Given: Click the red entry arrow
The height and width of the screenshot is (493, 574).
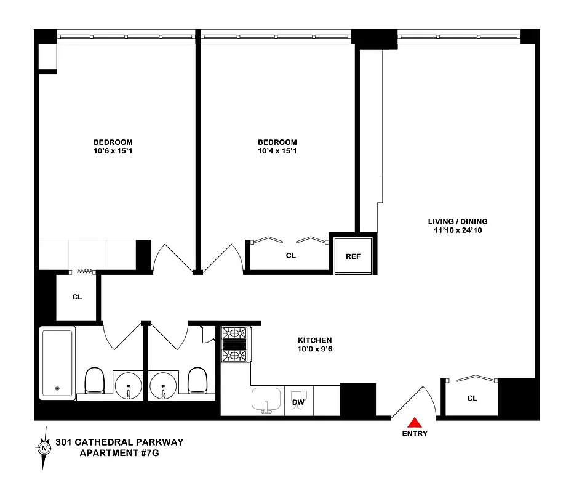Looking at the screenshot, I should pos(415,422).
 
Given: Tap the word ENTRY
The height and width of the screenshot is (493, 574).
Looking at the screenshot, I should pos(415,434).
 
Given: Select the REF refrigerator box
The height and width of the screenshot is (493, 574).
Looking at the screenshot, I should pos(353,256).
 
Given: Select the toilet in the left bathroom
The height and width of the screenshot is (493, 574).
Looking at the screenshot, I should pos(94,381).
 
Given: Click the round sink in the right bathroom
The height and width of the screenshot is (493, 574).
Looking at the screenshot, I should pos(164,385).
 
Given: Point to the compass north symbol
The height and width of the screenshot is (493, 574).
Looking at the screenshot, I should pos(44,449).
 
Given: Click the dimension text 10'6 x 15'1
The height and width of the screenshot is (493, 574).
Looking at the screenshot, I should pos(113,150).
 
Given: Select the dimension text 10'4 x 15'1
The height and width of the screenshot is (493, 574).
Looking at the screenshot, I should pos(277,150).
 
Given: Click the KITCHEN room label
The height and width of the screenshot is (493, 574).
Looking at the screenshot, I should pos(315,340).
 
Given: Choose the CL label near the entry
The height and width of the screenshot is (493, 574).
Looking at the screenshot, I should pos(472,398).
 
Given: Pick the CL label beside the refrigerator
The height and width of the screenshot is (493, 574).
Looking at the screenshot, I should pos(291,255).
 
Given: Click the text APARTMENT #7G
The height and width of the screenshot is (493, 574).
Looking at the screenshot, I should pos(122,454).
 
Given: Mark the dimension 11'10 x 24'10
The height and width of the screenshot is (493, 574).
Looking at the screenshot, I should pos(458,230).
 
